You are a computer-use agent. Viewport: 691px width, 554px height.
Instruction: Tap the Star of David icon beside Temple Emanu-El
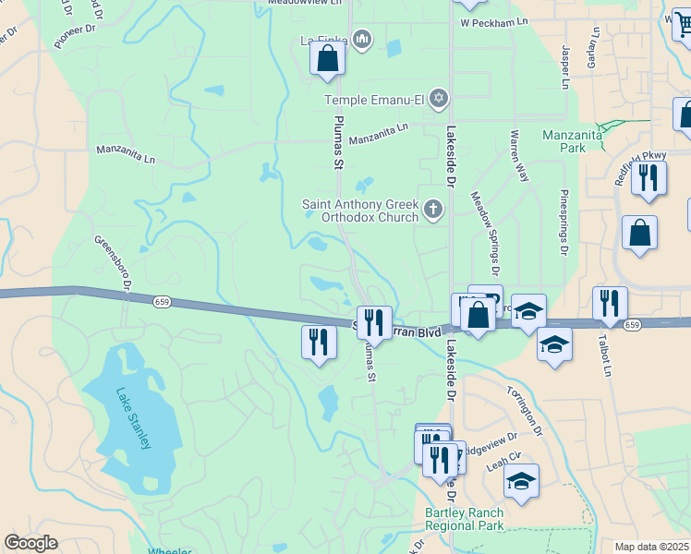point(439,98)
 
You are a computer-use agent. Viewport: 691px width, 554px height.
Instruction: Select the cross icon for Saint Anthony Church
point(433,211)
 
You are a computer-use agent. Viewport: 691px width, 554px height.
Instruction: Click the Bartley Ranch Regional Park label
point(464,519)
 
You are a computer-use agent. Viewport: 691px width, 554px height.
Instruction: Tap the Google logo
point(30,542)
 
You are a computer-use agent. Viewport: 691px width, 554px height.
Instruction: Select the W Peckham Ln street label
point(493,21)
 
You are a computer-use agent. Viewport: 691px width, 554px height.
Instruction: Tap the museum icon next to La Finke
point(362,39)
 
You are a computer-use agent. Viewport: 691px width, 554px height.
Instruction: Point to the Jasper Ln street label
point(564,70)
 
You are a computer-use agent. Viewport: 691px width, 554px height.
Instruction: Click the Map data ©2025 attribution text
point(652,547)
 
